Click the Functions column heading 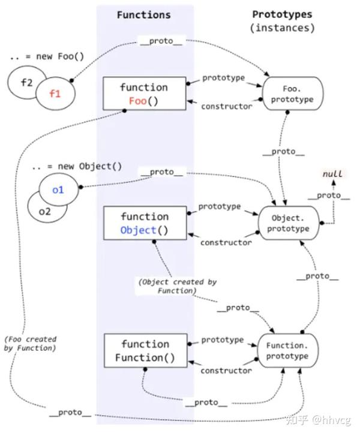(143, 15)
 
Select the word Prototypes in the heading (282, 14)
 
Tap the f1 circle (55, 94)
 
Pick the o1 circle (58, 190)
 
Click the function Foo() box (145, 94)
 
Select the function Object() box (145, 223)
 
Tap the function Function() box (146, 351)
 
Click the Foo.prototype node (293, 94)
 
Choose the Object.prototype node (289, 223)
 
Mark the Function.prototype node (287, 351)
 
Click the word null (332, 174)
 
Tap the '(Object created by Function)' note (177, 286)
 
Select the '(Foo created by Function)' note (30, 344)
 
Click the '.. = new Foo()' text (47, 56)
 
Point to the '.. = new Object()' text (77, 167)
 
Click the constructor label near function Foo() (227, 106)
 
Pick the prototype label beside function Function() (223, 340)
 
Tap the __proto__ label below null (329, 196)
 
